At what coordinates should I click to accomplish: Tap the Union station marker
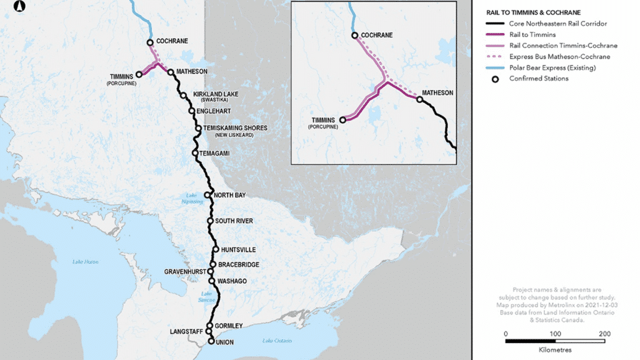point(211,341)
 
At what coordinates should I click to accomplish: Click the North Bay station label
point(229,196)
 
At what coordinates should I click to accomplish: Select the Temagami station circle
point(195,153)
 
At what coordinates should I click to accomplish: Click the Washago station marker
point(212,281)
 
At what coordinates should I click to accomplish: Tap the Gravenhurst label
point(186,272)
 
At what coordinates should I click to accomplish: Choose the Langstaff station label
point(185,331)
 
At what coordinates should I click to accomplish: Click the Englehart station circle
point(192,111)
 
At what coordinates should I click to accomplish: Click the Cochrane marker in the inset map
point(354,36)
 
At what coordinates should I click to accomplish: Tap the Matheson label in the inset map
point(437,92)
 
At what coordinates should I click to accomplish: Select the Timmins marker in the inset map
point(342,119)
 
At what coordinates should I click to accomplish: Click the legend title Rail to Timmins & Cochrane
point(533,12)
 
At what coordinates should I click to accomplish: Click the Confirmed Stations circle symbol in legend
point(495,79)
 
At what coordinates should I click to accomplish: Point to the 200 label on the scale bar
point(604,333)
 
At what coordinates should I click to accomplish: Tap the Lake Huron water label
point(85,261)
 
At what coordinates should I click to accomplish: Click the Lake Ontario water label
point(276,341)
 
